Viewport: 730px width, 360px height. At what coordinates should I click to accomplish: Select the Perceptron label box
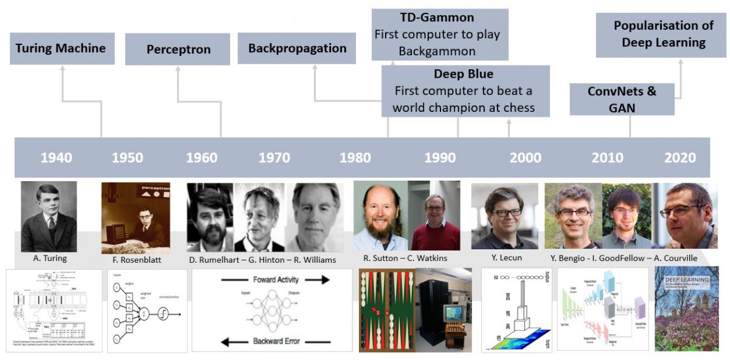coord(178,49)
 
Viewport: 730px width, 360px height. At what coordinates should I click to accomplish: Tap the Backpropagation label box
coord(297,49)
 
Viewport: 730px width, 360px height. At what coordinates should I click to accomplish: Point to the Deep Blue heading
coord(464,74)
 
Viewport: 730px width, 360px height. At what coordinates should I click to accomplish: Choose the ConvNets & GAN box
coord(622,99)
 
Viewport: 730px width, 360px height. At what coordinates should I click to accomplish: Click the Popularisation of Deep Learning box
coord(664,34)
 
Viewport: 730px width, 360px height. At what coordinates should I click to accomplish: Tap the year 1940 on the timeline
coord(56,158)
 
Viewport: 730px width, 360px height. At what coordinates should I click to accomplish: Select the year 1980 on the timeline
coord(355,158)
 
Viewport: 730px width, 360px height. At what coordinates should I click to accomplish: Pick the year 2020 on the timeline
coord(680,158)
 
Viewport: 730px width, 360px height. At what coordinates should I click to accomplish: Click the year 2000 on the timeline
coord(526,158)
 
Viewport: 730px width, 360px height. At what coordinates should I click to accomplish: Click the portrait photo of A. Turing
coord(49,216)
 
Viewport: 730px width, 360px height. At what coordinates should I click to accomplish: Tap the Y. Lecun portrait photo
coord(504,216)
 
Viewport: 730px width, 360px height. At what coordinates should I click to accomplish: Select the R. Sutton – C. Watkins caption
coord(406,258)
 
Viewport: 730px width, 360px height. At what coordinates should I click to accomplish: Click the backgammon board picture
coord(387,310)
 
